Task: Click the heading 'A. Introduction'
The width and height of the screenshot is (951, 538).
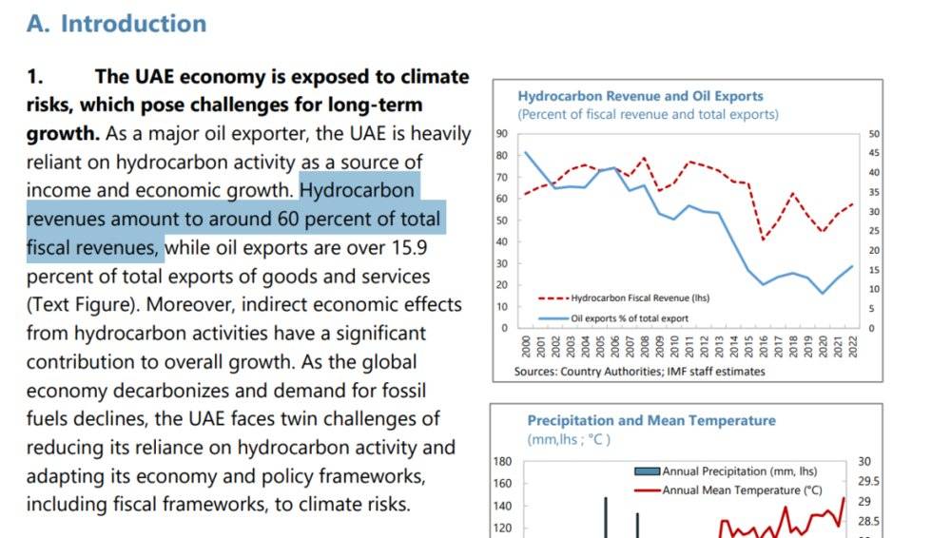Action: (116, 24)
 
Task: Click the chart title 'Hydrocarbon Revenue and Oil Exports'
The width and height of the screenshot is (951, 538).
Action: (640, 96)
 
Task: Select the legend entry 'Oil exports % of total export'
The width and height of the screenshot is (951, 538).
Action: (629, 317)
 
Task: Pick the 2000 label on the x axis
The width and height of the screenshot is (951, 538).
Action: (526, 347)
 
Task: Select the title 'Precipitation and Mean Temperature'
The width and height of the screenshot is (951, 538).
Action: (651, 420)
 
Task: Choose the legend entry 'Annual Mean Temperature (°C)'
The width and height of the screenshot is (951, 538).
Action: (742, 490)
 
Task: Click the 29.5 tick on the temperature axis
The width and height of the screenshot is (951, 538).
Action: (868, 482)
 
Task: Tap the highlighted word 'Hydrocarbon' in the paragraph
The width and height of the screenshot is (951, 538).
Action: (357, 190)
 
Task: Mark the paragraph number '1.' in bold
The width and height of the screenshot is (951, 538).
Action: (37, 77)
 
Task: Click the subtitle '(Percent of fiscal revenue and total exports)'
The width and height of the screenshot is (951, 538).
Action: (648, 114)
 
